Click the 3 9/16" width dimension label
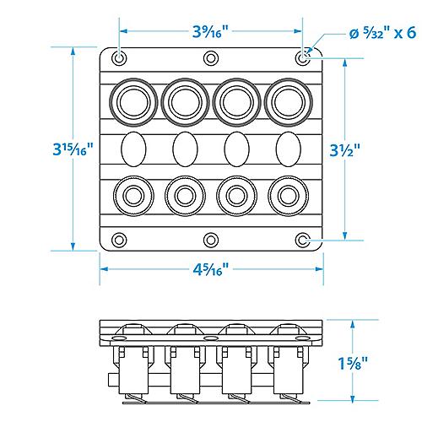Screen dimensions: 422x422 (x=210, y=31)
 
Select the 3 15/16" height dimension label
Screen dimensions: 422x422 (x=73, y=149)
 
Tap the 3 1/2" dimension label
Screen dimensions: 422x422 (x=345, y=150)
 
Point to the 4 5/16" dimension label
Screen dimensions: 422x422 (x=211, y=269)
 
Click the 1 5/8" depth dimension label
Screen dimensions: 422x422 (x=354, y=363)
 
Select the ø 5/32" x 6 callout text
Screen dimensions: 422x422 (x=382, y=33)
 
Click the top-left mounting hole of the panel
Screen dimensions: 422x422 (x=119, y=58)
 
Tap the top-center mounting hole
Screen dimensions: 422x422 (x=211, y=58)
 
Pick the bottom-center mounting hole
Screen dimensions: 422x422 (x=211, y=241)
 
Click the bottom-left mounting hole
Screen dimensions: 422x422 (x=119, y=241)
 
